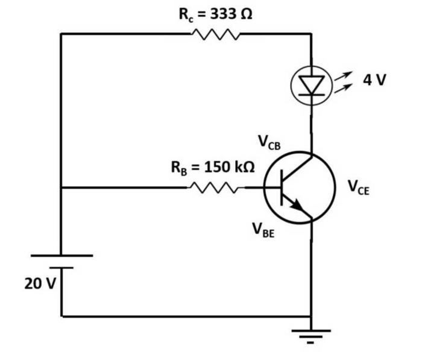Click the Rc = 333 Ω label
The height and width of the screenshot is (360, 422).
click(215, 14)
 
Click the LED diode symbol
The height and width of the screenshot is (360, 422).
click(311, 86)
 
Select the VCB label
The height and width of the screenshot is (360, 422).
click(269, 142)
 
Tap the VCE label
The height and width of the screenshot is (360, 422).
click(359, 188)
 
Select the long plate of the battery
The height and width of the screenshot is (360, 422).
click(61, 256)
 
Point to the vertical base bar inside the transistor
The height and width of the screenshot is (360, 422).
click(282, 188)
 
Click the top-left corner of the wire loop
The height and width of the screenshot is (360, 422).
click(61, 34)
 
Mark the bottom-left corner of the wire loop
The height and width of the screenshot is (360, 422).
click(61, 316)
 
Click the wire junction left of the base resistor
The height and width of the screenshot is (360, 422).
click(61, 188)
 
